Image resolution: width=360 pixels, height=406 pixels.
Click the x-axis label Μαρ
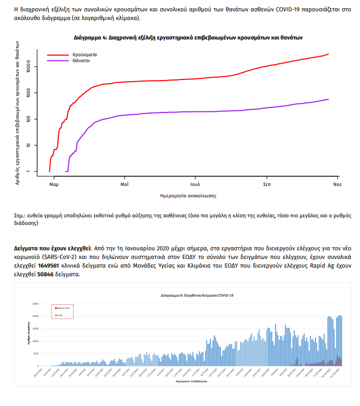tap(54, 184)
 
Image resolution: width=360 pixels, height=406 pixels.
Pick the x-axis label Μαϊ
tap(124, 184)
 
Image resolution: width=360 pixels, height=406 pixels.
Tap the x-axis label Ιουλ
tap(195, 184)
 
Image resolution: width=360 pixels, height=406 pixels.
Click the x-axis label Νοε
tap(337, 184)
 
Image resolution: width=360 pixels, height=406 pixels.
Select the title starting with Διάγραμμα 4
tap(188, 38)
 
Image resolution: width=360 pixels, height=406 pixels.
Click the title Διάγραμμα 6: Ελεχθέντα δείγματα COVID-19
tap(197, 296)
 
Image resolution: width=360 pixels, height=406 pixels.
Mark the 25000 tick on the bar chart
tap(35, 303)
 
